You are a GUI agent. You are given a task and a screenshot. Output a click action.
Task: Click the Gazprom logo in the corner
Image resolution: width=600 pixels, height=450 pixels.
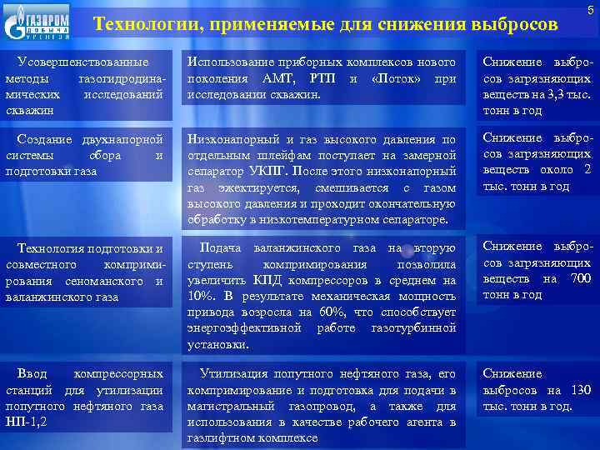[37, 22]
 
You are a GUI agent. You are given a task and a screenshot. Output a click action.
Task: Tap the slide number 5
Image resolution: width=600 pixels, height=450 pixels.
[590, 9]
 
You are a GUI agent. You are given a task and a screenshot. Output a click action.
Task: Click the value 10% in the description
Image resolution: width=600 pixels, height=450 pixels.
[200, 296]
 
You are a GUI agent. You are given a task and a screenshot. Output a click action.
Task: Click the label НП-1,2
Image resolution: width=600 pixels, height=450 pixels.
[27, 422]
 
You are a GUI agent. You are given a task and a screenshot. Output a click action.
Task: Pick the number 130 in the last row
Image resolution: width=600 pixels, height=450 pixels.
[581, 390]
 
